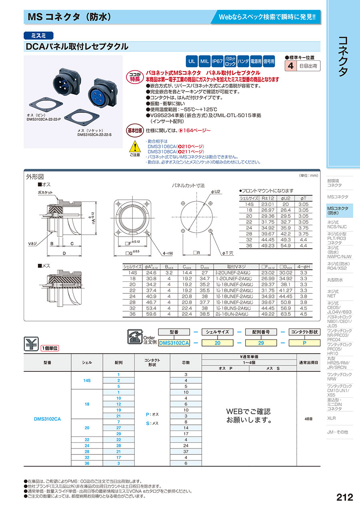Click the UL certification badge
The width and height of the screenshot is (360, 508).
click(192, 62)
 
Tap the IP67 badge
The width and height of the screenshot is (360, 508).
click(217, 62)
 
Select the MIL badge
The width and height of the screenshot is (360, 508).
click(204, 62)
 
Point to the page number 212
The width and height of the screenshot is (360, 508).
click(344, 497)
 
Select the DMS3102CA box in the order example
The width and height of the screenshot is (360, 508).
click(174, 343)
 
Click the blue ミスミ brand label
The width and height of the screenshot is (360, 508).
click(38, 35)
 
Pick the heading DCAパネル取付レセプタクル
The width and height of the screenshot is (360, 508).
click(77, 46)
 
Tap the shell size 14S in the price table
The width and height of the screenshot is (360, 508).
click(87, 381)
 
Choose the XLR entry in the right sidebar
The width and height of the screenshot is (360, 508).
click(331, 418)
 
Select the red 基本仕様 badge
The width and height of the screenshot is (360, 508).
click(135, 130)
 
